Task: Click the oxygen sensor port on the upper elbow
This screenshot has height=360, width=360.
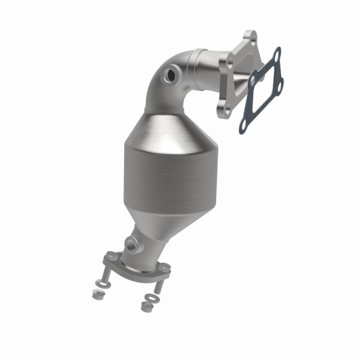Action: point(172,75)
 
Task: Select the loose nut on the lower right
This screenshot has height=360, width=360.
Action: point(145,306)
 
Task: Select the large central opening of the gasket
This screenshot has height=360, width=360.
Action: point(262,90)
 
